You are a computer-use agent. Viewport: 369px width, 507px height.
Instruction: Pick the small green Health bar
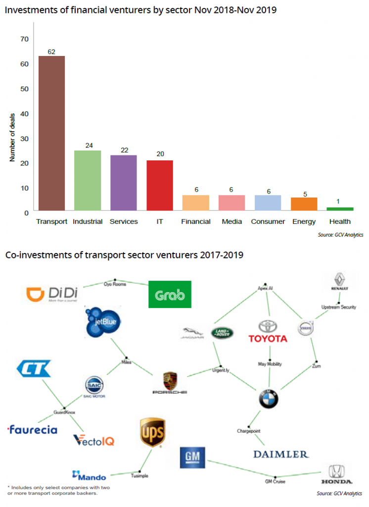coord(340,209)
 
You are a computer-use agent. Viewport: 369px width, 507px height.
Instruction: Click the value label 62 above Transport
coord(51,51)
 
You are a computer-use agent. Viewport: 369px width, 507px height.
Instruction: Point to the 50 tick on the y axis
coord(24,89)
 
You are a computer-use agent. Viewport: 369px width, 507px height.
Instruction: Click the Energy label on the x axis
coord(304,221)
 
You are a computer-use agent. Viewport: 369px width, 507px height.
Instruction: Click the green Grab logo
coord(170,296)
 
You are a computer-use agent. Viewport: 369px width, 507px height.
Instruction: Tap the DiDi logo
coord(52,296)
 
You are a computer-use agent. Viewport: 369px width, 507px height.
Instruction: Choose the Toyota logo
coord(268,331)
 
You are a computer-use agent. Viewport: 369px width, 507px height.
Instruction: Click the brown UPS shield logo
coord(152,432)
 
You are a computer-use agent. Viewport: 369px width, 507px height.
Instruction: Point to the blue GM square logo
coord(192,457)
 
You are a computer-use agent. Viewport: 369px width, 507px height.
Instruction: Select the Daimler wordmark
coord(280,454)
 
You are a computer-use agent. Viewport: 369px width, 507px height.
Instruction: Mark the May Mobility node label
coord(270,364)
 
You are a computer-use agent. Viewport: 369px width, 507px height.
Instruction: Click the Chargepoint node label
coord(249,431)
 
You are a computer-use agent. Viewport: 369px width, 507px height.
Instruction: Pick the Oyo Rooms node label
coord(115,284)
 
